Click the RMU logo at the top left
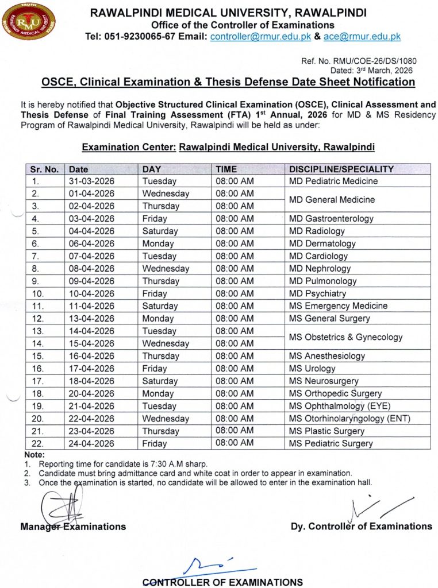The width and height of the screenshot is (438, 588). click(x=29, y=22)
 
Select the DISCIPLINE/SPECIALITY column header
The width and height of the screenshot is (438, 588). click(x=341, y=169)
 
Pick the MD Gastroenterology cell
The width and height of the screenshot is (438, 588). click(x=331, y=219)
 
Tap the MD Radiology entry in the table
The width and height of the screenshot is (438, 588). click(x=317, y=231)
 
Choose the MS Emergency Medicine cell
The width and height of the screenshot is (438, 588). click(x=338, y=306)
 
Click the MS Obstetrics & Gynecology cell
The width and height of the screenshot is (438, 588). click(x=345, y=337)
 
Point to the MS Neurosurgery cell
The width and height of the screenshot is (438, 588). click(x=324, y=381)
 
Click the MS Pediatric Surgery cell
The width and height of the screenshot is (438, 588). click(x=331, y=443)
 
